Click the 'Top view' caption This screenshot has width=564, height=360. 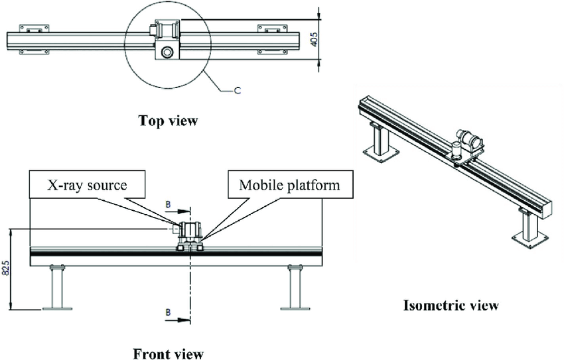tap(168, 121)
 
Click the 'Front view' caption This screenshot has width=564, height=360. tap(168, 353)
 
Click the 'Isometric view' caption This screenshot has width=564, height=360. tap(451, 306)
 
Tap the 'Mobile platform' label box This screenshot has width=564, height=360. tap(289, 185)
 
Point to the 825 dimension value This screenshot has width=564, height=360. tap(6, 268)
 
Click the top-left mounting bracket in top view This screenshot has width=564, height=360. tap(34, 29)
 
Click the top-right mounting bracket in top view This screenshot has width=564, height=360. tap(271, 29)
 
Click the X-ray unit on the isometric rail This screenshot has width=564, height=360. tap(468, 142)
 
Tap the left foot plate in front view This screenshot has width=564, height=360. tap(57, 308)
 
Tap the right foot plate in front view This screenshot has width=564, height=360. tap(295, 308)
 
